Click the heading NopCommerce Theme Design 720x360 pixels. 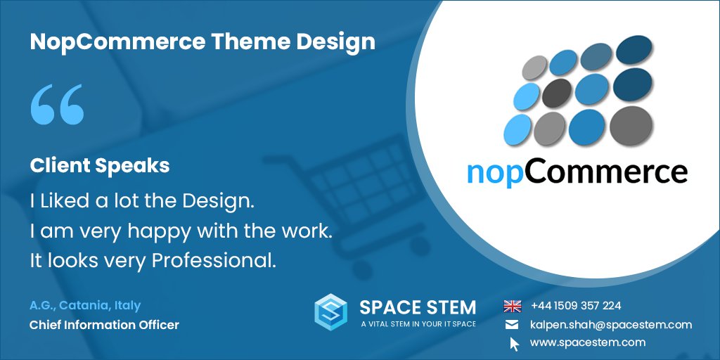pos(202,42)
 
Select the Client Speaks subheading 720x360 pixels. pos(99,165)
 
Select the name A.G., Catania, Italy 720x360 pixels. pos(85,305)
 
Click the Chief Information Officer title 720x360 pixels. pos(104,325)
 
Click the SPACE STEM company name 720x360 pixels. pos(418,307)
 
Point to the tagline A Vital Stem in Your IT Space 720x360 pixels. pos(418,324)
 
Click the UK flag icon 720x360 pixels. pos(513,306)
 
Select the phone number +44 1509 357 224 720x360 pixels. pos(576,306)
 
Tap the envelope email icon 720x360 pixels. pos(513,325)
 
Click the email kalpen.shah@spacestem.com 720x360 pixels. pos(610,325)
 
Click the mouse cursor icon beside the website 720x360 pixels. pos(514,344)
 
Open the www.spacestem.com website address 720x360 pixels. pos(587,342)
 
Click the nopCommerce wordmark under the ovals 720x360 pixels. pos(577,171)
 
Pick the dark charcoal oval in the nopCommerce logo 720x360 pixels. pos(558,91)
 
